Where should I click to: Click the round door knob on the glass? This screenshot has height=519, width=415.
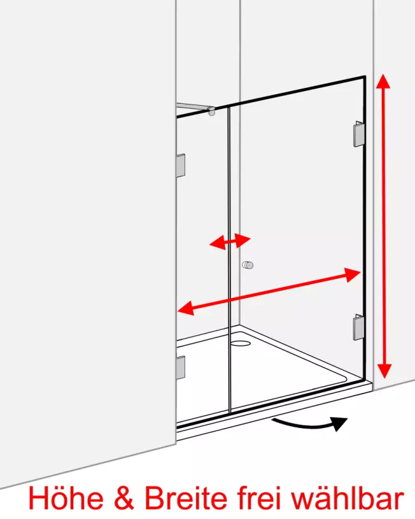point(248,265)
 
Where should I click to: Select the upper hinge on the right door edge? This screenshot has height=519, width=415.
point(359,134)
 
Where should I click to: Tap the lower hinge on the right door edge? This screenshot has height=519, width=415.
point(359,327)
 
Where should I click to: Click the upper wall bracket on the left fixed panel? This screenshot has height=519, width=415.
point(181,166)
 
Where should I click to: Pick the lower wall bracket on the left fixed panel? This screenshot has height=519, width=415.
point(181,367)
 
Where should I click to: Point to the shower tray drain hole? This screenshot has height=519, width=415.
point(241,343)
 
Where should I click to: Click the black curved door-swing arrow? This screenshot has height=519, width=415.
point(309,424)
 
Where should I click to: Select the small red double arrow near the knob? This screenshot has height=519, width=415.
point(230,241)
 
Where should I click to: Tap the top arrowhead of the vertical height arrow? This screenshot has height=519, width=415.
point(383,82)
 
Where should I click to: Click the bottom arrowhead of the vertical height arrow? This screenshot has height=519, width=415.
point(384,371)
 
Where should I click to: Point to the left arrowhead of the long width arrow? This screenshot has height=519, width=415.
point(186,308)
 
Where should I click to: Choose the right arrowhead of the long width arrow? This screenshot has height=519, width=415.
point(352,274)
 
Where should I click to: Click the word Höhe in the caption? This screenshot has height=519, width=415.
point(66,498)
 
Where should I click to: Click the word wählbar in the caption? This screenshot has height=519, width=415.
point(348,498)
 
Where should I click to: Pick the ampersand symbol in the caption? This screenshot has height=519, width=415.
point(123,499)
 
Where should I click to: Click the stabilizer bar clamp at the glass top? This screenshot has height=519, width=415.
point(211,111)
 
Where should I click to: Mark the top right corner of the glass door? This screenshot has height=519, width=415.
point(365,77)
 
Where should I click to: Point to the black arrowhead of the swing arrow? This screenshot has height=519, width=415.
point(339,423)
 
